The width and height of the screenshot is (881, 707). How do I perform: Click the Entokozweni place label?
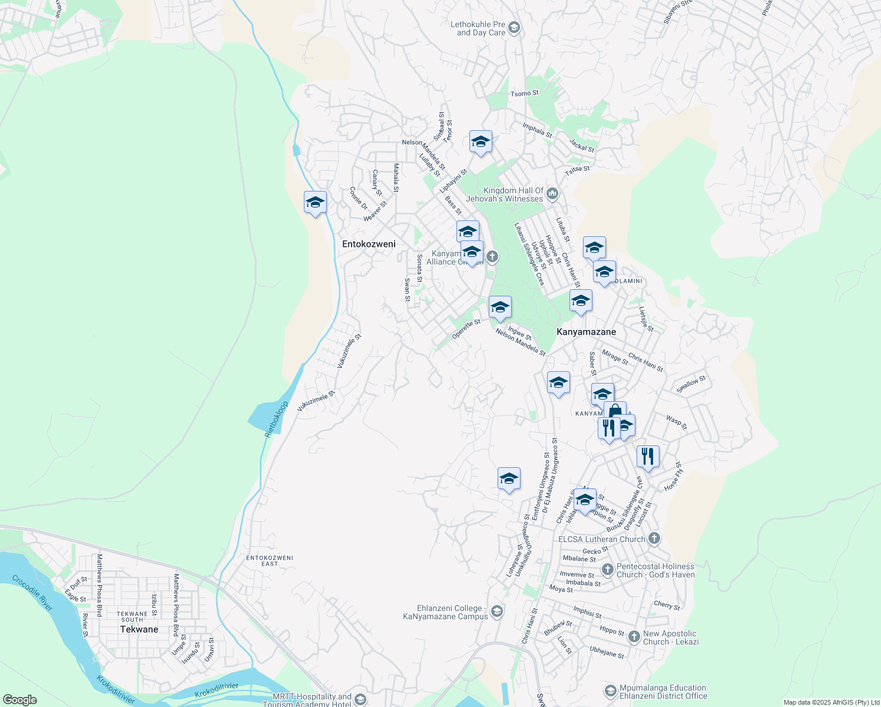(x=369, y=244)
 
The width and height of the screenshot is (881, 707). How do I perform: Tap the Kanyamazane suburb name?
(x=586, y=332)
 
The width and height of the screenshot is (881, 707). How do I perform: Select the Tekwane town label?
(x=139, y=629)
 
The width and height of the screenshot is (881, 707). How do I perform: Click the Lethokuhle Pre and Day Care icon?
(x=514, y=28)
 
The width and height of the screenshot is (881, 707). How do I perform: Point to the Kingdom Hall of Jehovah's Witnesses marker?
(x=552, y=193)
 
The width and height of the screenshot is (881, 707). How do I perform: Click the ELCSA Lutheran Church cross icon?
(x=654, y=538)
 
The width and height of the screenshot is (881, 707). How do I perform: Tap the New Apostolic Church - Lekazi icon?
(x=634, y=637)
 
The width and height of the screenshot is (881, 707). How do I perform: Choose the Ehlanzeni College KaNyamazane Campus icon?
(x=497, y=612)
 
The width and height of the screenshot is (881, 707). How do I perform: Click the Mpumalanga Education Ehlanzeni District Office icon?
(x=610, y=691)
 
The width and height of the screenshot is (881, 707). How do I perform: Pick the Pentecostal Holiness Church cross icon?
(x=608, y=570)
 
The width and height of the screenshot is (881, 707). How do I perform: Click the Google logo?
(x=19, y=699)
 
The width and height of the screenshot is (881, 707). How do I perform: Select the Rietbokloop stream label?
(x=277, y=419)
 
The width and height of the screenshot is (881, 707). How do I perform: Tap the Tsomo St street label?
(x=524, y=93)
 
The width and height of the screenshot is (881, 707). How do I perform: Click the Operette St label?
(x=466, y=329)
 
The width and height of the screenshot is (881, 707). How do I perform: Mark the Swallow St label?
(x=691, y=385)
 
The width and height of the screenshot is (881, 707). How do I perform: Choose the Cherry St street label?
(x=667, y=605)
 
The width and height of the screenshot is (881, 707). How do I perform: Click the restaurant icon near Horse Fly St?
(x=647, y=456)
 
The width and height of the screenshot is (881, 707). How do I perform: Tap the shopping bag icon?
(x=615, y=411)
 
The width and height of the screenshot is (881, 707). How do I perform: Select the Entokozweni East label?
(x=269, y=560)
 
